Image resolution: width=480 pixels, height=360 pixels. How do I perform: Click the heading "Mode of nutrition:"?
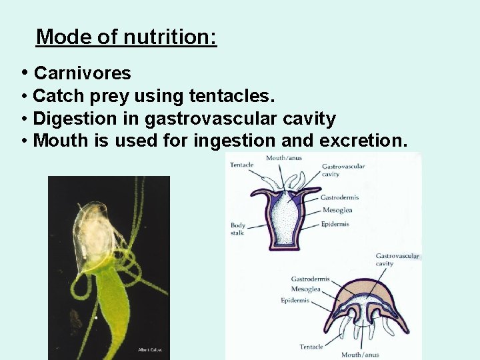pyautogui.click(x=127, y=37)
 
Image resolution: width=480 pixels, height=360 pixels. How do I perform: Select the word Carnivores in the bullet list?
pyautogui.click(x=82, y=73)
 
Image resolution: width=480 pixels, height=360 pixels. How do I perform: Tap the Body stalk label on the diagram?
pyautogui.click(x=238, y=229)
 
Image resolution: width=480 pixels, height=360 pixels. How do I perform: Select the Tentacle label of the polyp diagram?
pyautogui.click(x=242, y=165)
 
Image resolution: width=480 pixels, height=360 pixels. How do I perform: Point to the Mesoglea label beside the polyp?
pyautogui.click(x=336, y=211)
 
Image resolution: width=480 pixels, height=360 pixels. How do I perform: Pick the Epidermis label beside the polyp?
pyautogui.click(x=335, y=224)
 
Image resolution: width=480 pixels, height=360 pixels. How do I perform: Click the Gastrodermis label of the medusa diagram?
pyautogui.click(x=311, y=279)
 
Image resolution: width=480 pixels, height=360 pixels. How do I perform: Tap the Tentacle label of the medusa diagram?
pyautogui.click(x=311, y=347)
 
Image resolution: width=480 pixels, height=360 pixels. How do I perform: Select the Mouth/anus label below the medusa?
pyautogui.click(x=361, y=355)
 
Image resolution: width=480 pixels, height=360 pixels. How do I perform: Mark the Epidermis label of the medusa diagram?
pyautogui.click(x=295, y=301)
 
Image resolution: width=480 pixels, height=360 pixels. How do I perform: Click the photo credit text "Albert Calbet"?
pyautogui.click(x=149, y=349)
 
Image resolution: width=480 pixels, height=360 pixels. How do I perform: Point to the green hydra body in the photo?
pyautogui.click(x=113, y=300)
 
